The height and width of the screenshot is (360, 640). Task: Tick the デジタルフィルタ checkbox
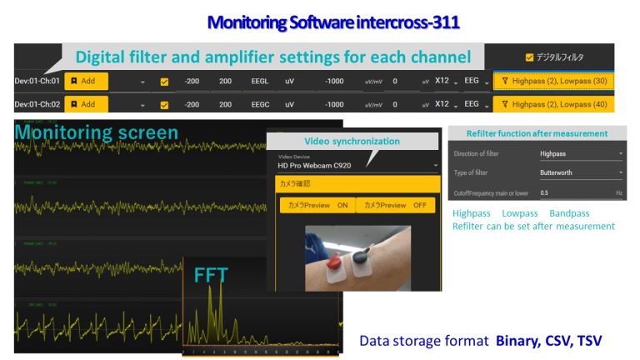pos(529,57)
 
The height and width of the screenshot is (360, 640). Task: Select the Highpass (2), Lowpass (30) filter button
pos(553,82)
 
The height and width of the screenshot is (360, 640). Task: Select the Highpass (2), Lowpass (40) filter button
pos(553,104)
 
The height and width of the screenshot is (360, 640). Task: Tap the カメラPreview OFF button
pos(395,205)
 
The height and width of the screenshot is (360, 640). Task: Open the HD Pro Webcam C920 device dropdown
pos(357,165)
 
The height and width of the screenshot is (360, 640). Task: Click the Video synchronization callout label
pos(352,141)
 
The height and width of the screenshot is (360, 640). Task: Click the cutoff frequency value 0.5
pos(545,192)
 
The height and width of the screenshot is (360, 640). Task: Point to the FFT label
pos(210,274)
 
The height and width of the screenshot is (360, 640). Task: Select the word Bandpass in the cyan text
pos(569,213)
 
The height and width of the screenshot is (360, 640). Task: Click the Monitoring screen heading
pos(96,132)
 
